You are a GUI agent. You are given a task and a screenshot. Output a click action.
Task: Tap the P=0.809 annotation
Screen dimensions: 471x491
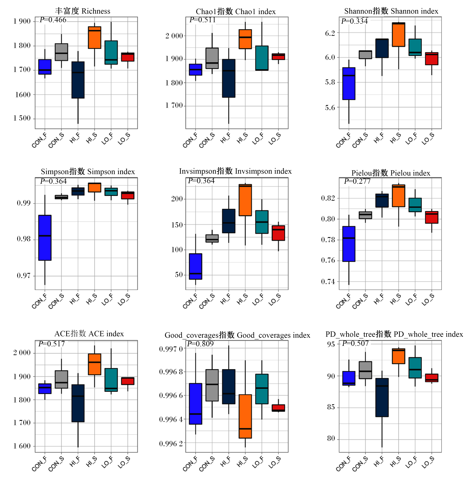pyautogui.click(x=200, y=344)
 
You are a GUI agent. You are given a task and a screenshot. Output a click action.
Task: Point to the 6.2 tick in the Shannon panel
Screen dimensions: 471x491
pyautogui.click(x=330, y=33)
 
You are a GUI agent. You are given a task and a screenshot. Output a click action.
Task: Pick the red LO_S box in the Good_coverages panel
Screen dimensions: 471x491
pyautogui.click(x=278, y=408)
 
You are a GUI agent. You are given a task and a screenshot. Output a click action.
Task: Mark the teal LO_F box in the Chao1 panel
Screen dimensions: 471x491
pyautogui.click(x=262, y=58)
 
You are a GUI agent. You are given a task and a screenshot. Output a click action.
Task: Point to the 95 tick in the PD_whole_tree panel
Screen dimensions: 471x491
pyautogui.click(x=331, y=344)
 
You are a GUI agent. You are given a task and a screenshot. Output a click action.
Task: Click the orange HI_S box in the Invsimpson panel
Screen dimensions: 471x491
pyautogui.click(x=245, y=200)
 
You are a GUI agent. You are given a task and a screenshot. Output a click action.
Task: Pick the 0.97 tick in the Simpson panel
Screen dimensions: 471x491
pyautogui.click(x=24, y=276)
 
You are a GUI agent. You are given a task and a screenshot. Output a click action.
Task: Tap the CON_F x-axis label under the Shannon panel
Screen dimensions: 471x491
pyautogui.click(x=343, y=140)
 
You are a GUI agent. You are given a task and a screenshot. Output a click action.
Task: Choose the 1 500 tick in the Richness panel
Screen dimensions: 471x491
pyautogui.click(x=22, y=118)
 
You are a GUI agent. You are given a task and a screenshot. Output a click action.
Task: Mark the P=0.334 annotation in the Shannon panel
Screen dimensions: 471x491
pyautogui.click(x=354, y=21)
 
